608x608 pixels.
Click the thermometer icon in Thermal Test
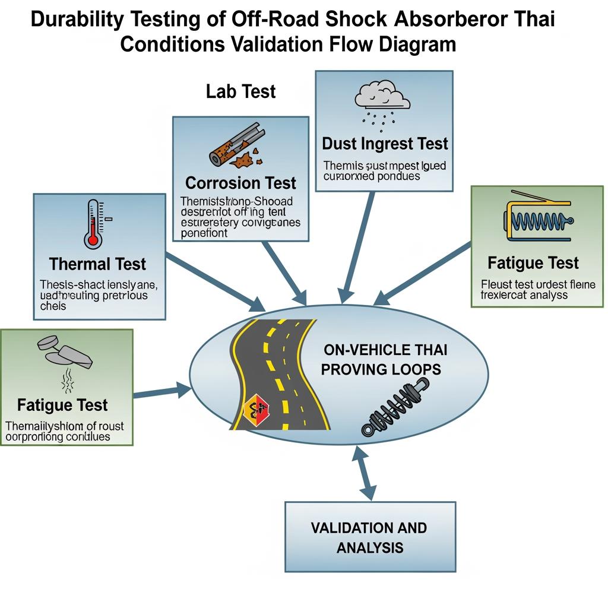click(93, 223)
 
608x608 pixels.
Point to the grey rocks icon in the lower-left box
click(65, 353)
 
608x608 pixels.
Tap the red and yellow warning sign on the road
click(257, 409)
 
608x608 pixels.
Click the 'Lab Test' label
click(241, 91)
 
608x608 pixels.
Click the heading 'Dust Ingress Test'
click(385, 144)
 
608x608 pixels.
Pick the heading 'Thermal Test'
click(97, 264)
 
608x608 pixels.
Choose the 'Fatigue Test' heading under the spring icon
click(533, 262)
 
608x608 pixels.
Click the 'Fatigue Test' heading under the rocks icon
click(62, 406)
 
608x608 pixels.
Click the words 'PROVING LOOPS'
click(381, 369)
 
